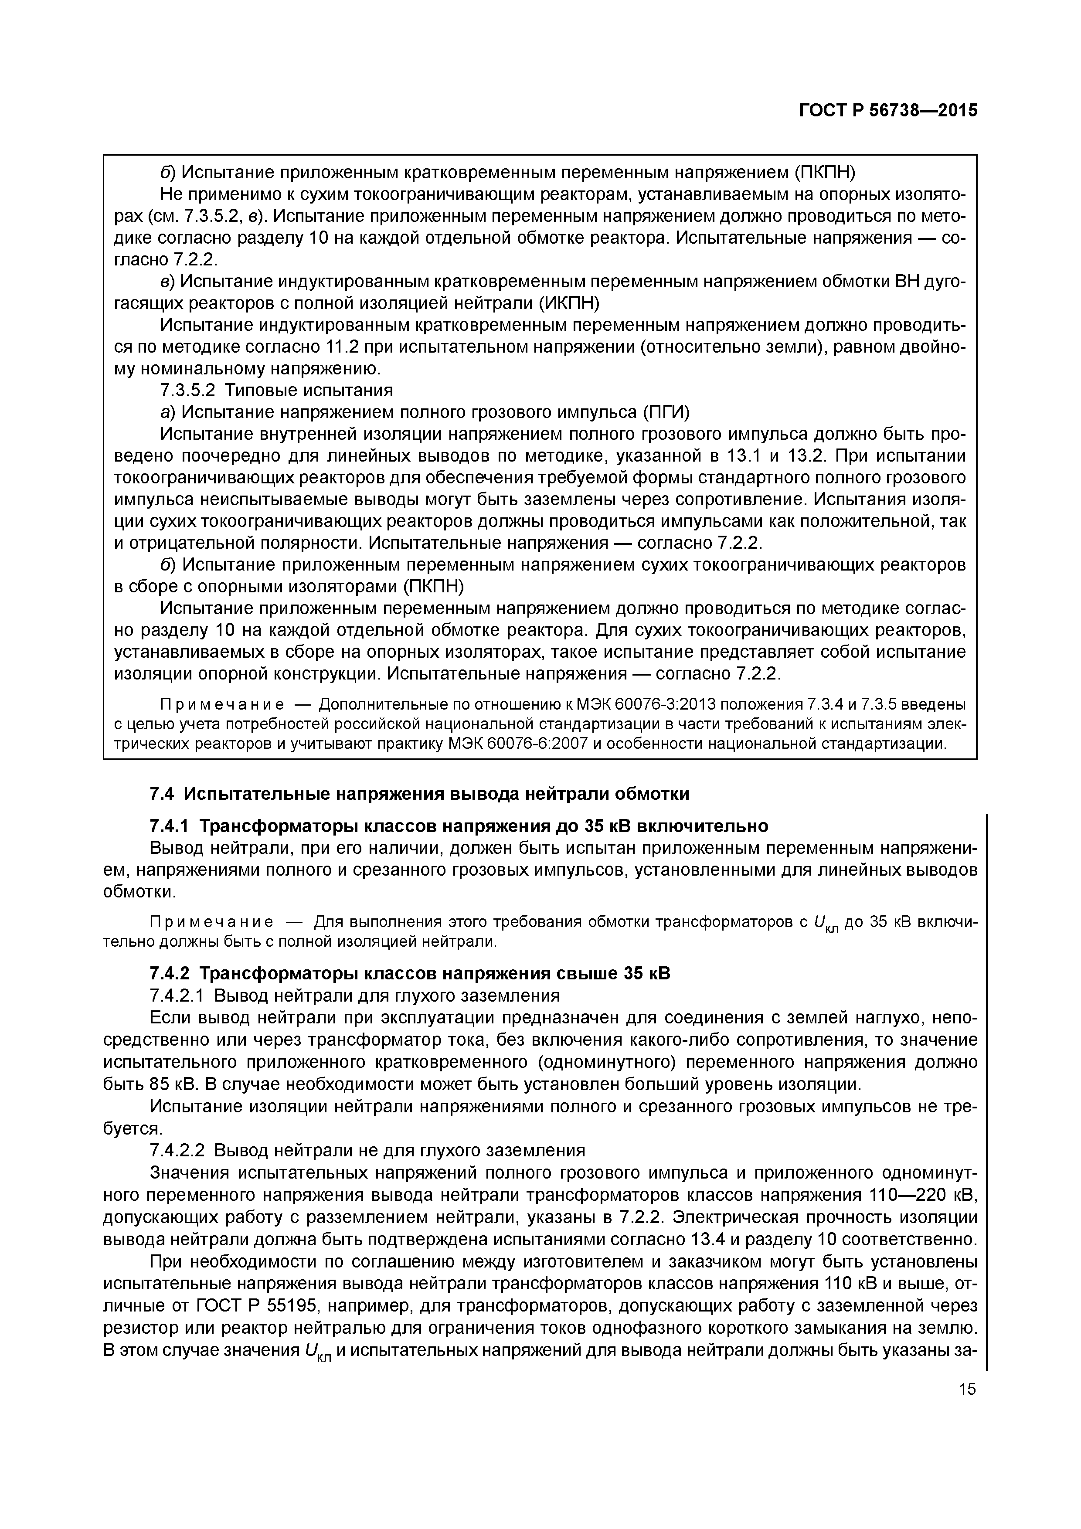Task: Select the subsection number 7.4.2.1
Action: pos(179,996)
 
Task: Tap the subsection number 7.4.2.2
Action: pos(179,1150)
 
